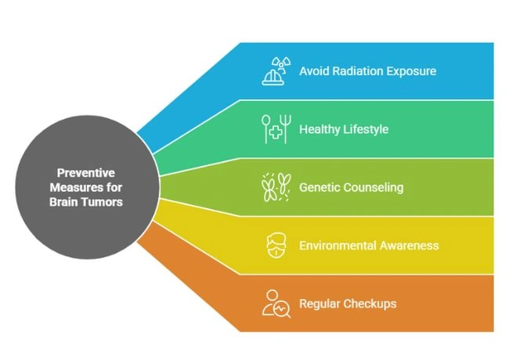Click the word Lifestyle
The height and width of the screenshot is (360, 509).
[366, 129]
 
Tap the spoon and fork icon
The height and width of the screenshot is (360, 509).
[276, 129]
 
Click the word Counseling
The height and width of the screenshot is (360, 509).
[375, 187]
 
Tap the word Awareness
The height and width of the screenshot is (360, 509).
[410, 245]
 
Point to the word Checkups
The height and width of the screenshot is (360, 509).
[370, 303]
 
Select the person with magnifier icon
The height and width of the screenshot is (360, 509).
[276, 304]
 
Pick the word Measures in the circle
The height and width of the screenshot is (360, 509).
[74, 187]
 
